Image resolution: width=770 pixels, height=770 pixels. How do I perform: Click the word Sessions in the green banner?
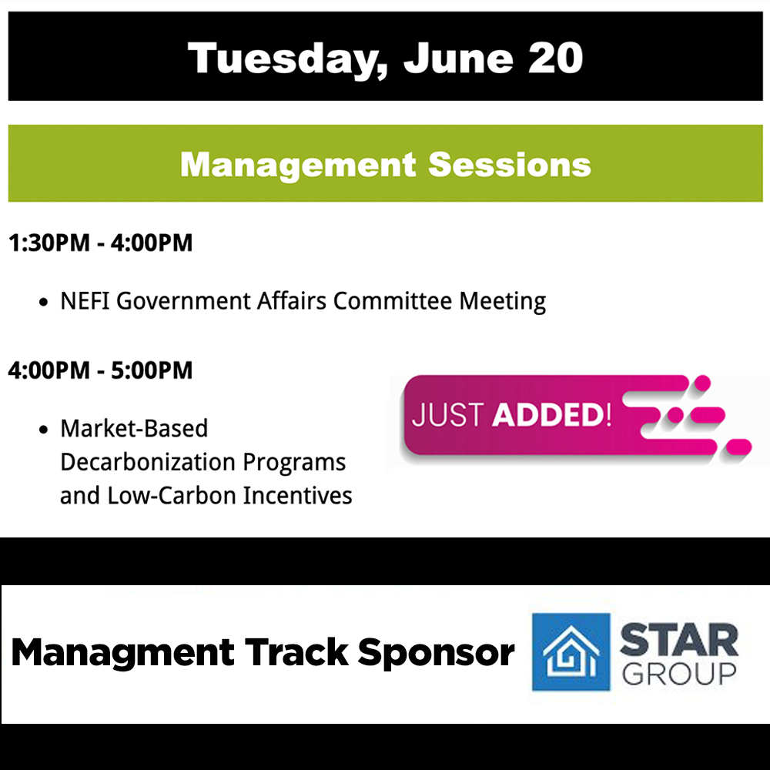click(x=510, y=165)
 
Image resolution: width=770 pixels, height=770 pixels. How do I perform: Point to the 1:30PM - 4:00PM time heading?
click(x=100, y=244)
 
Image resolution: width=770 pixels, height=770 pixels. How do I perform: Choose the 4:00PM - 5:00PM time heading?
click(x=100, y=370)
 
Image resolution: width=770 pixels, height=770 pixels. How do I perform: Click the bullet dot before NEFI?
click(x=44, y=302)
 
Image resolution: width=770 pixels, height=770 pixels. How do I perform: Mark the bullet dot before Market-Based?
click(x=44, y=429)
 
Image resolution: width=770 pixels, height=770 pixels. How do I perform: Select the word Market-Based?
click(x=134, y=428)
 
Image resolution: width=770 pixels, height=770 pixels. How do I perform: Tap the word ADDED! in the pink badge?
click(x=552, y=415)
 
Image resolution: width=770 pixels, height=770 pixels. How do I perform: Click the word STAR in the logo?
click(x=678, y=639)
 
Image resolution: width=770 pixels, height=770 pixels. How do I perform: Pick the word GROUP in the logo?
click(x=678, y=674)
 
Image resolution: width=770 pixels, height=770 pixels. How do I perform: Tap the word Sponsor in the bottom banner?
click(x=436, y=653)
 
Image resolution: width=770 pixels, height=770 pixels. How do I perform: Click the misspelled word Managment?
click(x=122, y=653)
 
